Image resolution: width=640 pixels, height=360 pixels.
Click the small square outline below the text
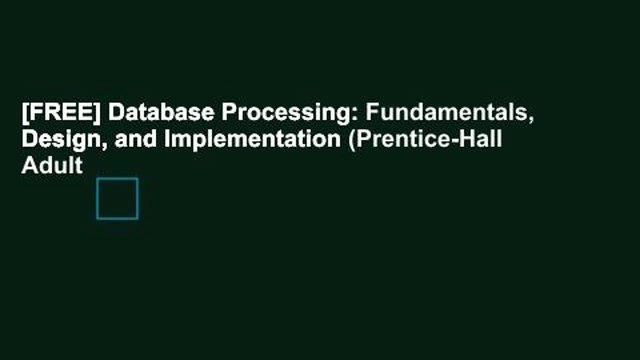point(117,198)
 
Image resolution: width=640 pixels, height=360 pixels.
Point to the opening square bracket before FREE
point(25,114)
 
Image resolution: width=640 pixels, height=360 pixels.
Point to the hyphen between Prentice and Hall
point(450,141)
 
